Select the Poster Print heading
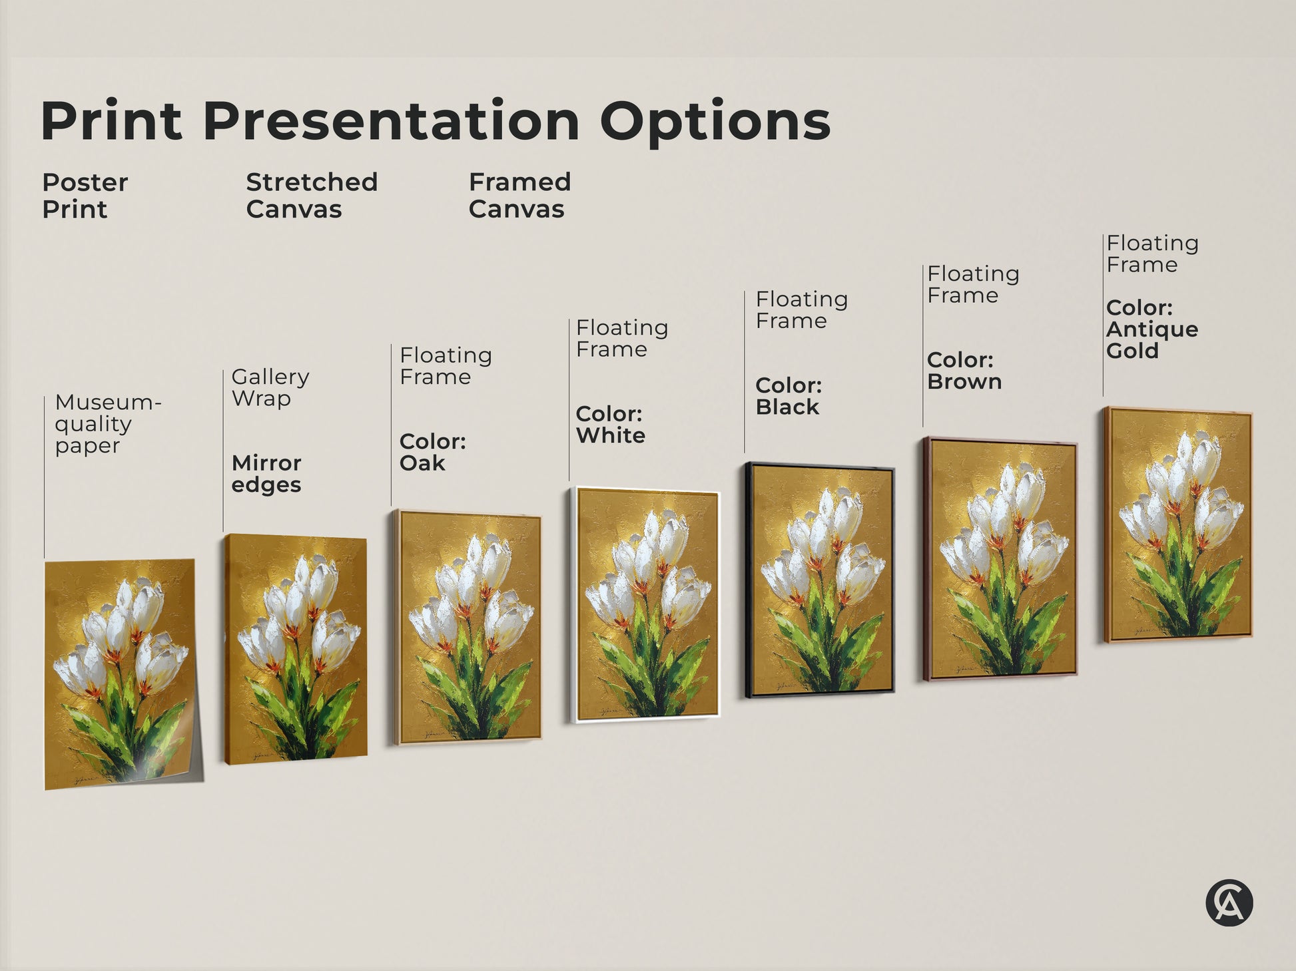[85, 196]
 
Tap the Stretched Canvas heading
[311, 196]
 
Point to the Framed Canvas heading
[519, 196]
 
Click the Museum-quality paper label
[107, 424]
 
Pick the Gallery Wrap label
[270, 387]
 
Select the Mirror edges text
[266, 473]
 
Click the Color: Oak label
[432, 452]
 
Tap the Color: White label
[610, 425]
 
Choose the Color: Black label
[789, 396]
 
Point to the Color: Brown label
[964, 371]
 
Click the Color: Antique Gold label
[1151, 329]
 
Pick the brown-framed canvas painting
[1000, 559]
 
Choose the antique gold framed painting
[1177, 524]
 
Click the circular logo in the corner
[1229, 903]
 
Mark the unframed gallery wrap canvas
[296, 649]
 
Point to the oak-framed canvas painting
[467, 627]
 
